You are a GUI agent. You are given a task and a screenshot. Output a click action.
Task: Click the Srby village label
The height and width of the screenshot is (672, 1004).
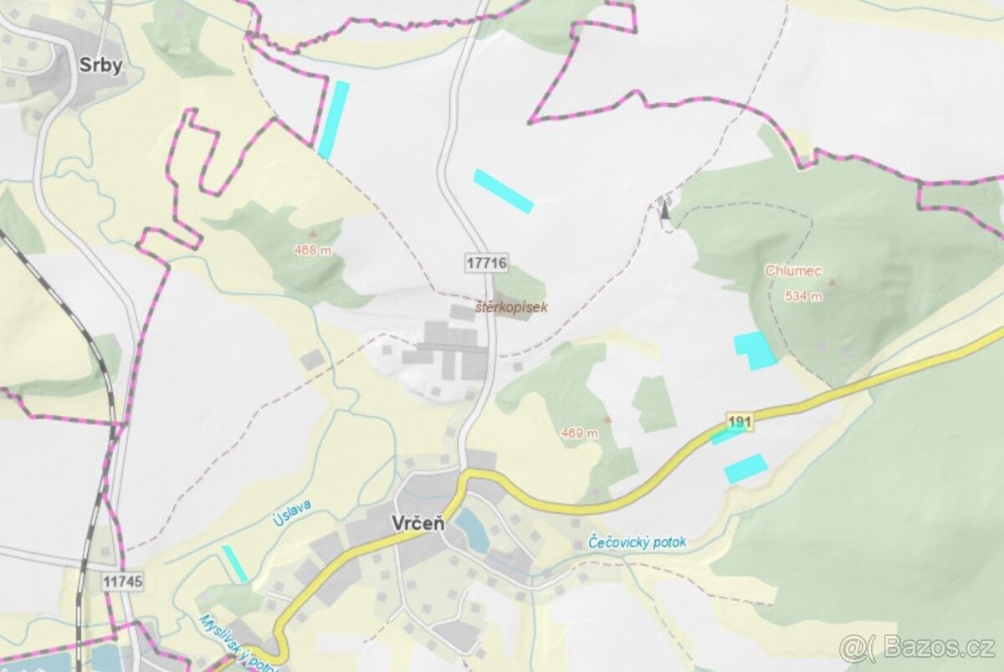[x=100, y=67]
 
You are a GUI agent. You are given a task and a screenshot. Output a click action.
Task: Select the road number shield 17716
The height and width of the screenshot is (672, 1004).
[x=485, y=262]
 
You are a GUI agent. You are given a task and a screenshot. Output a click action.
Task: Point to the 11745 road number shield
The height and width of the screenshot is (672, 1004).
[x=124, y=580]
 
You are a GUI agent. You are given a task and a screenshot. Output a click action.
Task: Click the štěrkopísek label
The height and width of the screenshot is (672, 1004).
[x=510, y=307]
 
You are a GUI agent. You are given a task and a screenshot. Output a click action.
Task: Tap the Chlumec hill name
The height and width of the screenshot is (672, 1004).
[x=793, y=271]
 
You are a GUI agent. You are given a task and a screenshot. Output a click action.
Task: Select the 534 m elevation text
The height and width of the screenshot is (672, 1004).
[x=803, y=296]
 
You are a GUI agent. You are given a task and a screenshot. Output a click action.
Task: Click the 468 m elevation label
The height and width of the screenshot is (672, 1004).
[x=313, y=249]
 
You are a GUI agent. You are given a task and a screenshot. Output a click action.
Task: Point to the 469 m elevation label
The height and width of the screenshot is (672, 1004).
[x=579, y=433]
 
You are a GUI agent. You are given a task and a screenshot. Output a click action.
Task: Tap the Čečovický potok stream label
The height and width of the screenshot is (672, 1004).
[x=637, y=542]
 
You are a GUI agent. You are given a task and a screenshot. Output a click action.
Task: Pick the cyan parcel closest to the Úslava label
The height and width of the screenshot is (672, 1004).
[x=235, y=563]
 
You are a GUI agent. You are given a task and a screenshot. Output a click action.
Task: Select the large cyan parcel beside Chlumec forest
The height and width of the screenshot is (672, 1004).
[x=755, y=350]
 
